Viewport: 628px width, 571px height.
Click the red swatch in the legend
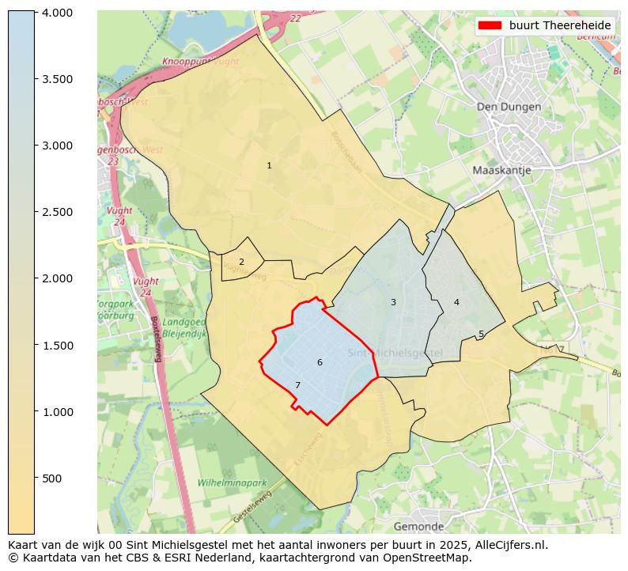click(490, 25)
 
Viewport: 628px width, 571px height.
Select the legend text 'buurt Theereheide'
click(560, 25)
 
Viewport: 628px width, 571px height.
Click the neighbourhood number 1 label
click(269, 165)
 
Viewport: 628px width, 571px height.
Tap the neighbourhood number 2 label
click(241, 262)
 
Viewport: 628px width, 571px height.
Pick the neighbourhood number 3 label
click(393, 302)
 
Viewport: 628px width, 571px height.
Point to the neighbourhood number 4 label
click(456, 302)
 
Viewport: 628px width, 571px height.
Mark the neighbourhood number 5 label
click(481, 335)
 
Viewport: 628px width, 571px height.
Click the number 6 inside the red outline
click(320, 362)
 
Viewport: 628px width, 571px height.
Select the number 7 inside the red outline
click(297, 385)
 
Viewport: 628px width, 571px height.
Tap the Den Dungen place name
click(509, 107)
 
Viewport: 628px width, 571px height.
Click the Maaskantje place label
click(501, 170)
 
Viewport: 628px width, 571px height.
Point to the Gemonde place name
click(418, 526)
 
